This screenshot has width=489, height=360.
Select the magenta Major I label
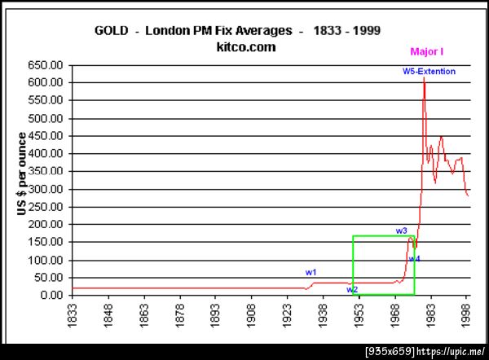426,51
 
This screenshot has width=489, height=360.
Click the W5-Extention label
429,72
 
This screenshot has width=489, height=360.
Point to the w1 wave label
311,271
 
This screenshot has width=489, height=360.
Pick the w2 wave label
351,289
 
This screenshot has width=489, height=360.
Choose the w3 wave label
401,231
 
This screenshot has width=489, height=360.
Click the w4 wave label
414,259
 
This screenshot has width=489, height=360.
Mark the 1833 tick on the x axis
73,314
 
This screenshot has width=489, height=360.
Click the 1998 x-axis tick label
466,314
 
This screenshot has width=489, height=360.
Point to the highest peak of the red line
424,78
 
